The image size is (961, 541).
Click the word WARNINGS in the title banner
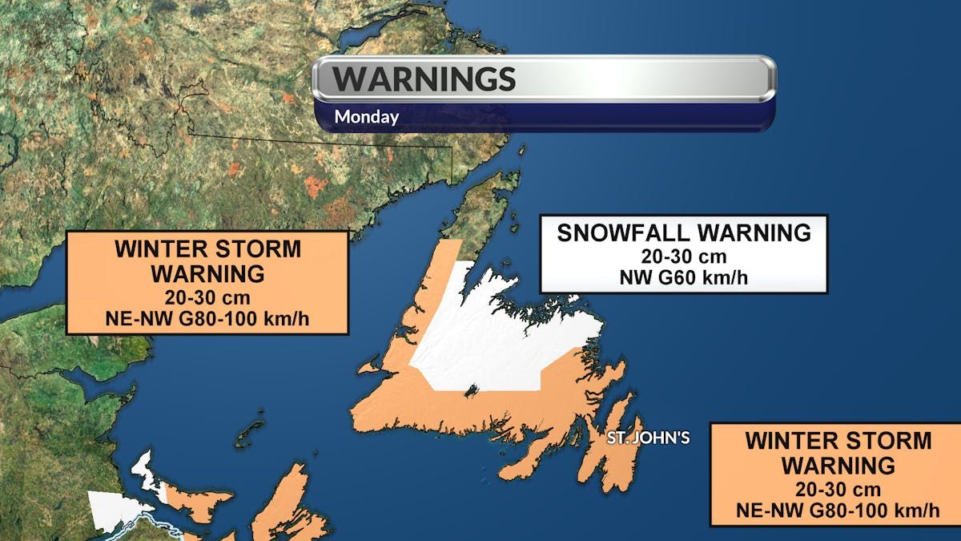[x=424, y=79]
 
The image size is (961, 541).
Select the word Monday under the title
[x=366, y=117]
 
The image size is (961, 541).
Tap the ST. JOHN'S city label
[x=648, y=438]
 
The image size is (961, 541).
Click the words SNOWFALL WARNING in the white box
[x=684, y=233]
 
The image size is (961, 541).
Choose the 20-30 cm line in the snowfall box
[x=683, y=256]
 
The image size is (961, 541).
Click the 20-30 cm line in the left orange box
[x=207, y=297]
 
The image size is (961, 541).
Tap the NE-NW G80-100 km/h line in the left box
[x=207, y=318]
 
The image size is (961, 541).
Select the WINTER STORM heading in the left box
[x=207, y=249]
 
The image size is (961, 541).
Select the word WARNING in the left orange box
[x=207, y=273]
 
